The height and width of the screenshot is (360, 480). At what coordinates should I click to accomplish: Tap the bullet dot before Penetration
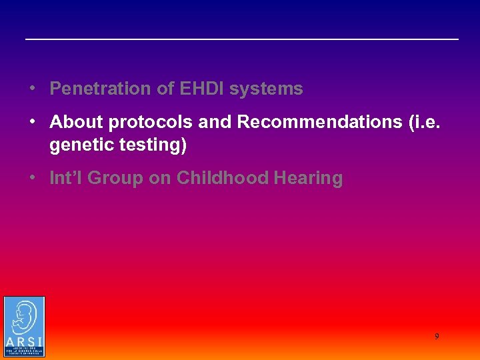(x=31, y=89)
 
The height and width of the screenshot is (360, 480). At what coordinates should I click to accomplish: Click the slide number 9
(x=437, y=337)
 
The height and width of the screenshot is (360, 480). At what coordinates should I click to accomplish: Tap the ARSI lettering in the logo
(x=24, y=343)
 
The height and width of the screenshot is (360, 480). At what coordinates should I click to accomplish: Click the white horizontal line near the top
(x=241, y=39)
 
